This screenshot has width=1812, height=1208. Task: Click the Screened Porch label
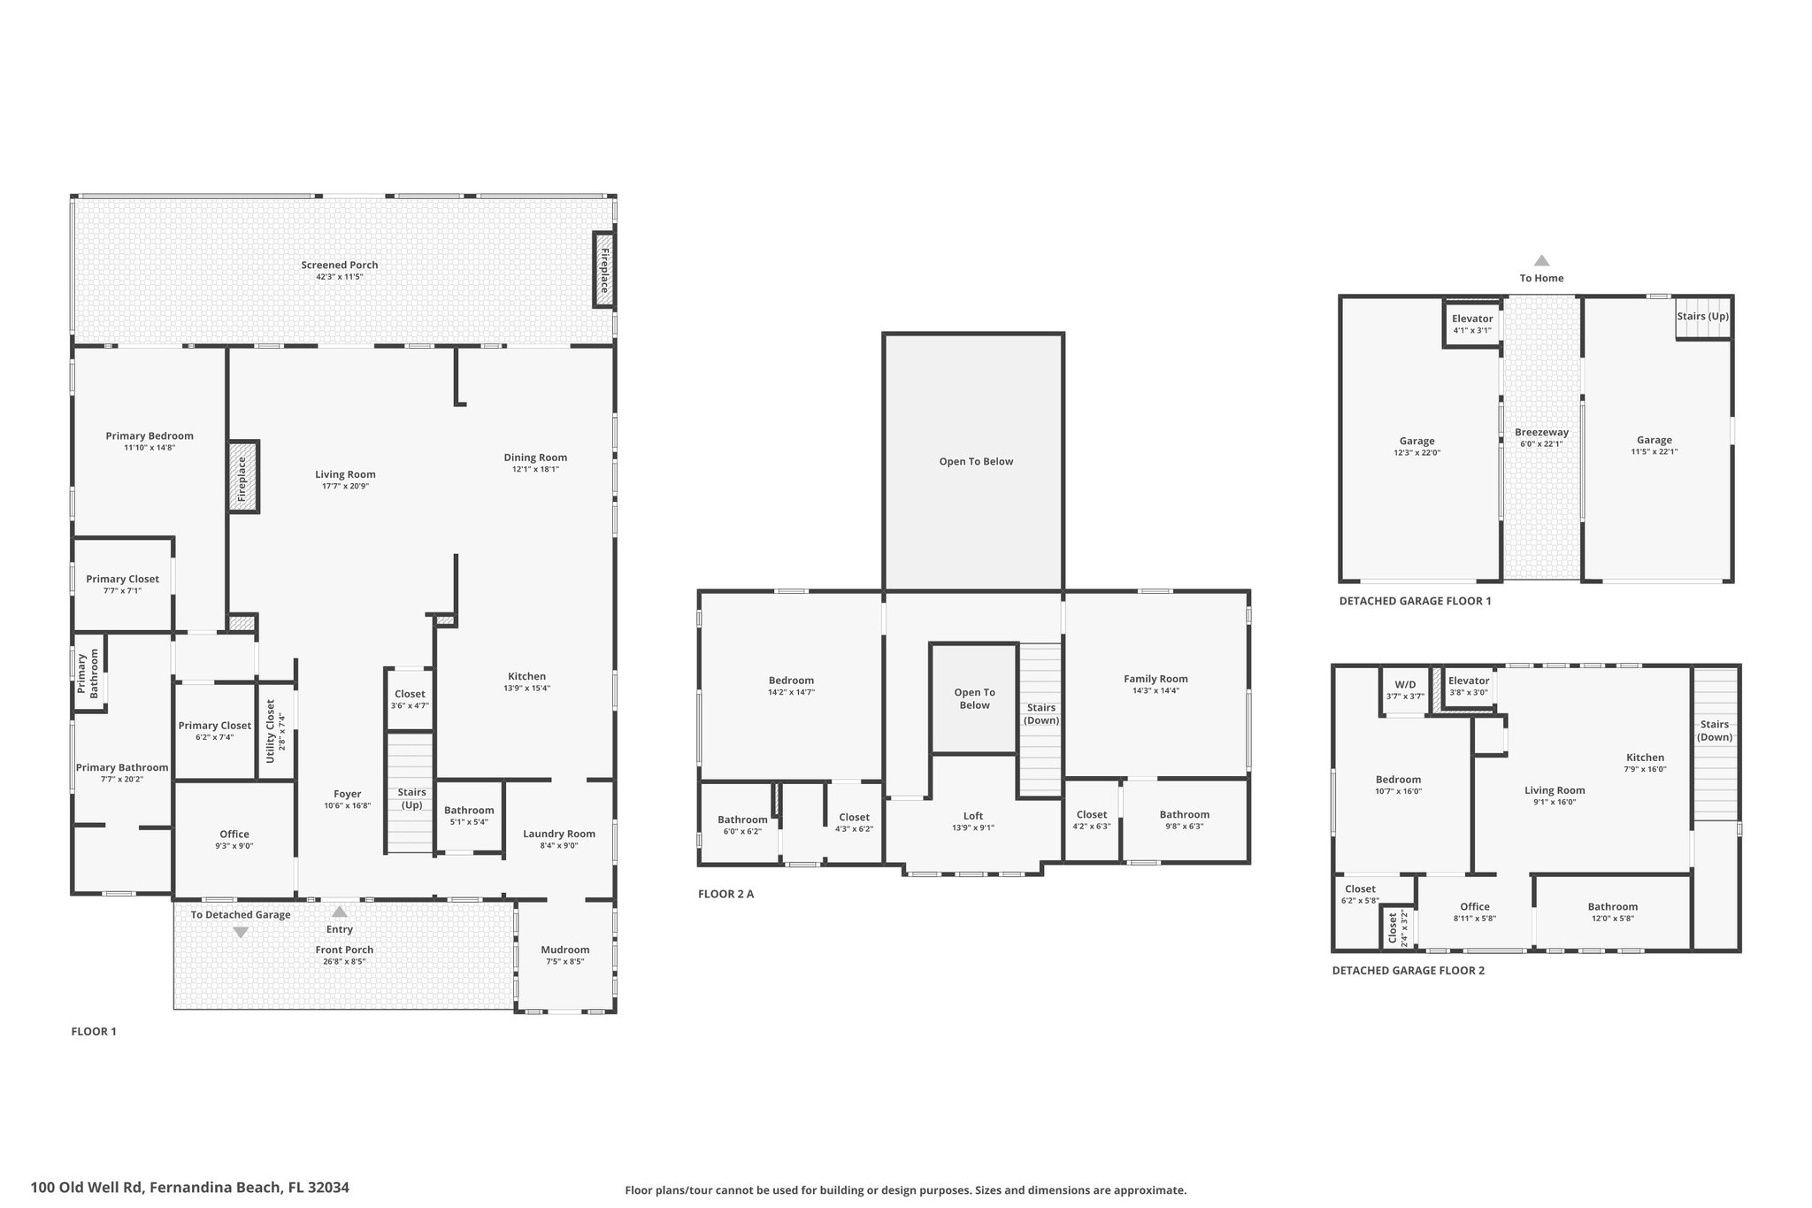tap(340, 265)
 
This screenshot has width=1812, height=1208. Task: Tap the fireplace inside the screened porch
tap(604, 270)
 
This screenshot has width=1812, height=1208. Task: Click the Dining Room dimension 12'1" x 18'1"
tap(535, 470)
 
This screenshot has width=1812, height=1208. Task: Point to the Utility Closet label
tap(271, 731)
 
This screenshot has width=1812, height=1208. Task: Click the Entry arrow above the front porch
tap(340, 912)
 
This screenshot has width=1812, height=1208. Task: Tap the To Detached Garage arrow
tap(240, 932)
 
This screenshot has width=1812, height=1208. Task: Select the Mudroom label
tap(564, 950)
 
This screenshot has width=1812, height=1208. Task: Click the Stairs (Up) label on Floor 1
tap(412, 798)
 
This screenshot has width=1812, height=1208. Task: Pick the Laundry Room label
tap(559, 834)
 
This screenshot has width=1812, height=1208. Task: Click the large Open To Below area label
tap(976, 462)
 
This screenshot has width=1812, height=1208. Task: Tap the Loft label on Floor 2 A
tap(973, 816)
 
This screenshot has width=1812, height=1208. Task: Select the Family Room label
tap(1156, 679)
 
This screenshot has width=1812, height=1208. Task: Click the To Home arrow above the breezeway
tap(1541, 261)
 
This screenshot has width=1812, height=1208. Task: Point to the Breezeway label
tap(1541, 433)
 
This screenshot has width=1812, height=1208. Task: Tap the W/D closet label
tap(1405, 685)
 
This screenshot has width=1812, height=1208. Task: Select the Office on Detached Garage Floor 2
tap(1475, 906)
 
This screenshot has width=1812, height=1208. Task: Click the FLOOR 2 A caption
tap(726, 894)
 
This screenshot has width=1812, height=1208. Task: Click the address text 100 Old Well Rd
tap(189, 1188)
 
